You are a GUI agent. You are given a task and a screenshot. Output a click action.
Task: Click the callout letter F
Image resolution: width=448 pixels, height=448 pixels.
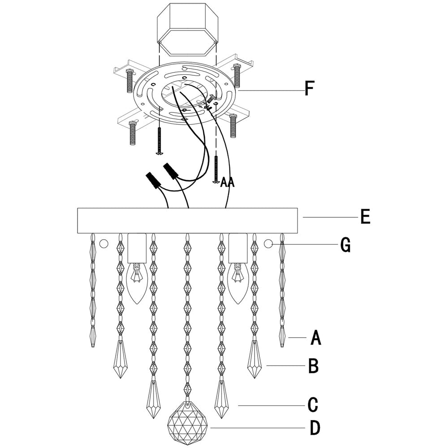click(309, 88)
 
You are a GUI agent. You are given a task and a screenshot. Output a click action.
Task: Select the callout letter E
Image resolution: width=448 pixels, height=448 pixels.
click(365, 217)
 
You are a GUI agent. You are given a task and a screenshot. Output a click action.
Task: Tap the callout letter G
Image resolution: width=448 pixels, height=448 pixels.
click(345, 245)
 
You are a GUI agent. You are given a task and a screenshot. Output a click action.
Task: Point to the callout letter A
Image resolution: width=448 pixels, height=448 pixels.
click(316, 338)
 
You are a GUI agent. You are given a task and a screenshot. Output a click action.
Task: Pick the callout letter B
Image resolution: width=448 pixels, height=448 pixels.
click(313, 366)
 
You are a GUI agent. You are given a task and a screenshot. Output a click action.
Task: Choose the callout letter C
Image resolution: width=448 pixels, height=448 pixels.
click(313, 405)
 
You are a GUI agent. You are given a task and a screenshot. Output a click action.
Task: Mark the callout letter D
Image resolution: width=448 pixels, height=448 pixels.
click(314, 428)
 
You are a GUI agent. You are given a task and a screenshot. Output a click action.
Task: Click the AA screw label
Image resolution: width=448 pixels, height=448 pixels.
click(228, 182)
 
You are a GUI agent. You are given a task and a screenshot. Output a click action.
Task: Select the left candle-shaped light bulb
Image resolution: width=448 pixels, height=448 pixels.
click(137, 280)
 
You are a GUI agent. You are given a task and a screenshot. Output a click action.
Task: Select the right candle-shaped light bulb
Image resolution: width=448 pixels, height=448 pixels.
click(238, 280)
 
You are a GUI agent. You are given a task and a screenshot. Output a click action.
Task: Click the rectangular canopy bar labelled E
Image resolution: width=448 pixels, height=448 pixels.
click(188, 220)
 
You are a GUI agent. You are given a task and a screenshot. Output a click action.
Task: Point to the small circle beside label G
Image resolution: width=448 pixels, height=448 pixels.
click(268, 244)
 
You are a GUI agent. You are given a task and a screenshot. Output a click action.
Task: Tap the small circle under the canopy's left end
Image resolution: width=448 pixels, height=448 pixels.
click(104, 244)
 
